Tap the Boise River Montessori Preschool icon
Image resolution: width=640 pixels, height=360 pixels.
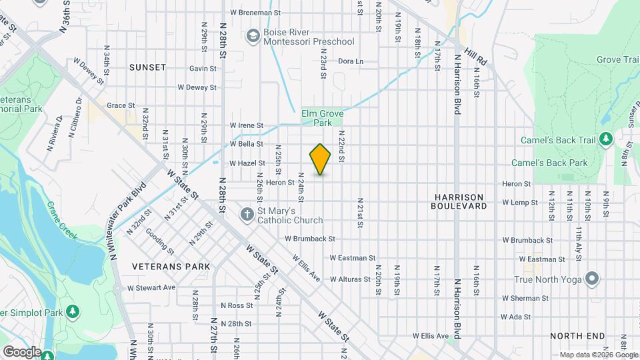[253, 35]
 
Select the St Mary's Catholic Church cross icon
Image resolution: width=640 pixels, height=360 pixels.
[247, 214]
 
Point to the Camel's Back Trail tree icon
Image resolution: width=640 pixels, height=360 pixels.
[606, 139]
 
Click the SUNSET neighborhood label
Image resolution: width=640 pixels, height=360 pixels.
[147, 67]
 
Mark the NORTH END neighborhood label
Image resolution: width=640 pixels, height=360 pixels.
[577, 336]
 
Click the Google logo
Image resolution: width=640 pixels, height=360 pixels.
[22, 351]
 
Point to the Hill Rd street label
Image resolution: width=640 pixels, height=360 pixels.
[477, 57]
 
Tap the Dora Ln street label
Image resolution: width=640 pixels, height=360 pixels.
[351, 61]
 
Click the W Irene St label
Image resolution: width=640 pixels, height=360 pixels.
[247, 125]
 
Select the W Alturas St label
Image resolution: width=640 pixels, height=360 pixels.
[350, 279]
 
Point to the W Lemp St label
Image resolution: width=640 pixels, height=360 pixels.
[520, 202]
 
